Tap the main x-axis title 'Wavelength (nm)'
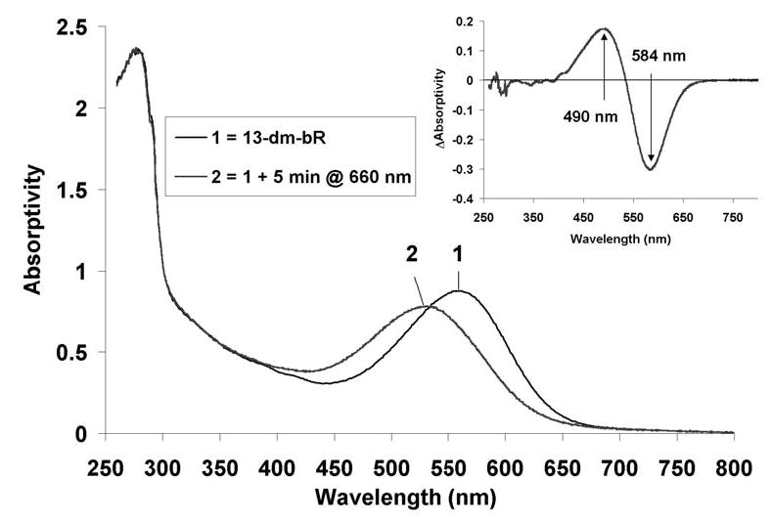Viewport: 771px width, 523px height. pyautogui.click(x=405, y=498)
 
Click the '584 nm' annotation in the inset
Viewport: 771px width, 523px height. pyautogui.click(x=659, y=57)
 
